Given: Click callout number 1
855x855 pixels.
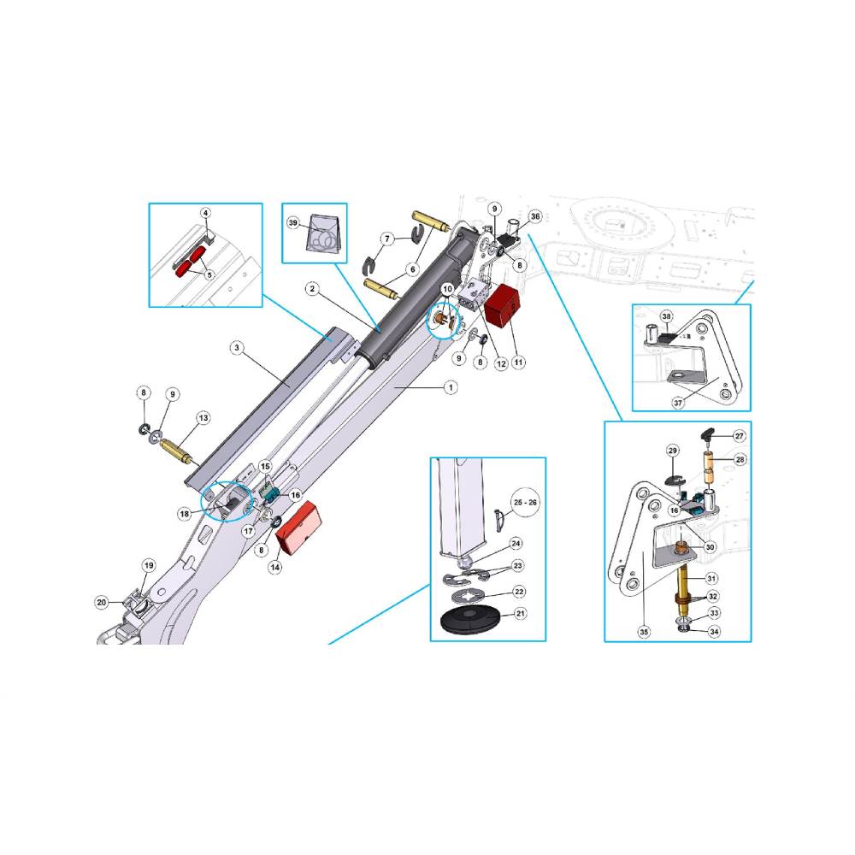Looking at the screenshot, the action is click(x=451, y=387).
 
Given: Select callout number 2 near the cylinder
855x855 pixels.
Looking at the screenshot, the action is click(x=312, y=288).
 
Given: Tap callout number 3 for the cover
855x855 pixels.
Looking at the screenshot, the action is click(x=236, y=347).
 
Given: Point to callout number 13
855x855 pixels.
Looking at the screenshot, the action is click(x=203, y=418).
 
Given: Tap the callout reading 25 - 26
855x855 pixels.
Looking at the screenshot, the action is click(x=525, y=502).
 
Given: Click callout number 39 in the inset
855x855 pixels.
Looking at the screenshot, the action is click(x=293, y=223).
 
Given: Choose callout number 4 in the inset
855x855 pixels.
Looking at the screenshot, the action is click(x=205, y=213).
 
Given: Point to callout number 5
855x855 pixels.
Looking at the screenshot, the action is click(x=209, y=275).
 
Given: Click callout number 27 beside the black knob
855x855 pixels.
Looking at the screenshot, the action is click(x=739, y=436).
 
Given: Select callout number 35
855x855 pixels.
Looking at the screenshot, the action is click(x=644, y=632).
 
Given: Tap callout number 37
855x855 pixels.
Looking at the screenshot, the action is click(x=678, y=403).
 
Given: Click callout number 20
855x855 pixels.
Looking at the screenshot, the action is click(x=102, y=603).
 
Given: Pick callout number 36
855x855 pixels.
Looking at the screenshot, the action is click(x=535, y=216).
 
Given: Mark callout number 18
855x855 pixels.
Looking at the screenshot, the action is click(x=185, y=514).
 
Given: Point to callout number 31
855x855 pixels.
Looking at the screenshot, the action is click(x=711, y=578).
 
